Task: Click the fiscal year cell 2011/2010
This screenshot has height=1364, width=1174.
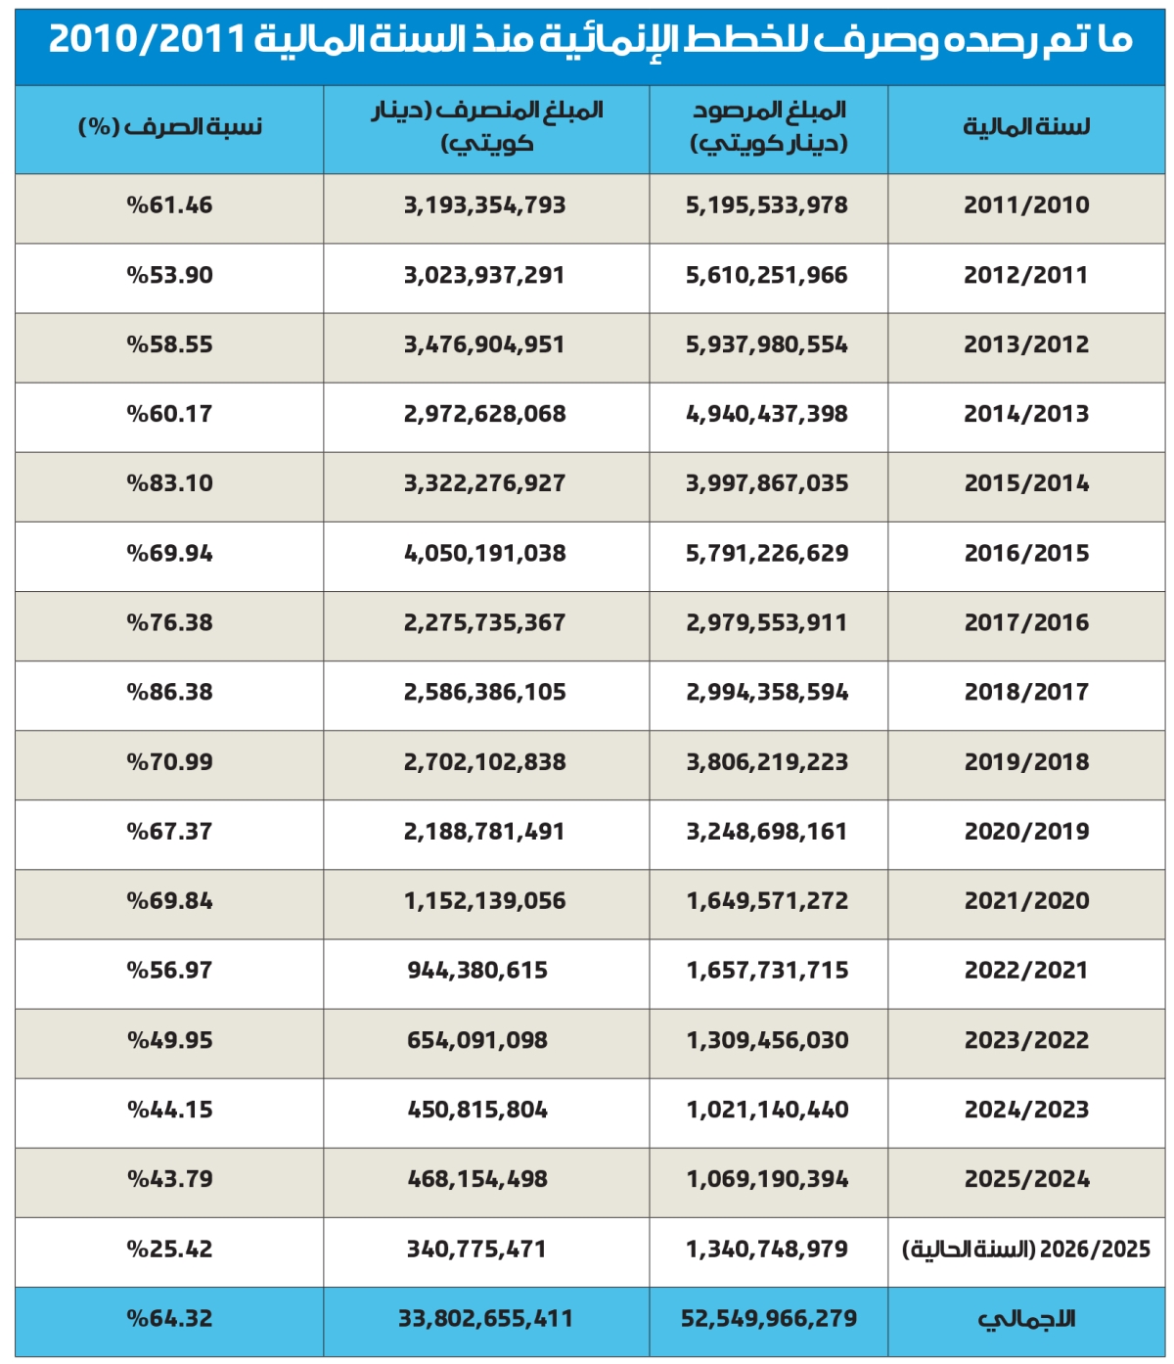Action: click(1026, 205)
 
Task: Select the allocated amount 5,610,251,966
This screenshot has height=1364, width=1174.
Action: click(767, 275)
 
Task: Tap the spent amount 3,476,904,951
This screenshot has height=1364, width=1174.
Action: click(484, 344)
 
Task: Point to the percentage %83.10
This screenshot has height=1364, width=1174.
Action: click(169, 483)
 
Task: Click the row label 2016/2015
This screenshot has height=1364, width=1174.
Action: click(1026, 554)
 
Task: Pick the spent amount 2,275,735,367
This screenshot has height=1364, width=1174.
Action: click(484, 623)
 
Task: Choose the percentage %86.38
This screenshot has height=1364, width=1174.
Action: click(169, 693)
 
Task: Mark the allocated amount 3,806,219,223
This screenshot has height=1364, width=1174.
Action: click(767, 762)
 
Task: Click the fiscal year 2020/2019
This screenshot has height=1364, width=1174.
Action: click(1026, 832)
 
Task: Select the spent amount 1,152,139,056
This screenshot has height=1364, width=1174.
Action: click(484, 901)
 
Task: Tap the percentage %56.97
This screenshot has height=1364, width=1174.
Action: click(169, 971)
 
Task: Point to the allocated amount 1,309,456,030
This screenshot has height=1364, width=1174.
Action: click(767, 1040)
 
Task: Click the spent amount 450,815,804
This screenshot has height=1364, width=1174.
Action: click(477, 1110)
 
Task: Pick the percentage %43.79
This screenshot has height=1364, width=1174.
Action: click(169, 1179)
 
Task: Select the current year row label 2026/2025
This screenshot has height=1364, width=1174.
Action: click(1025, 1250)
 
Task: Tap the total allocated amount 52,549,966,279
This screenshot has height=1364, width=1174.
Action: click(768, 1319)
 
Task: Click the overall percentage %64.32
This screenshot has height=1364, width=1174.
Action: click(169, 1319)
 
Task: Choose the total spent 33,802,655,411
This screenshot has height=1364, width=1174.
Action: click(485, 1319)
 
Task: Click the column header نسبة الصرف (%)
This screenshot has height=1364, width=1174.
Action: click(170, 127)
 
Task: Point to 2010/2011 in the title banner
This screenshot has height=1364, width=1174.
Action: click(147, 40)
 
